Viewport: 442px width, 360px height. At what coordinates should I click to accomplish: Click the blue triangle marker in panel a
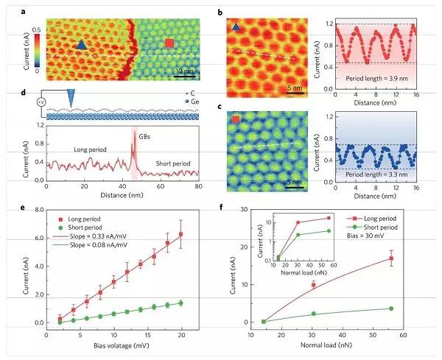pyautogui.click(x=81, y=45)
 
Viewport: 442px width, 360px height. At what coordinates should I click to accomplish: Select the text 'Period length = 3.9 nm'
pyautogui.click(x=373, y=76)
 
